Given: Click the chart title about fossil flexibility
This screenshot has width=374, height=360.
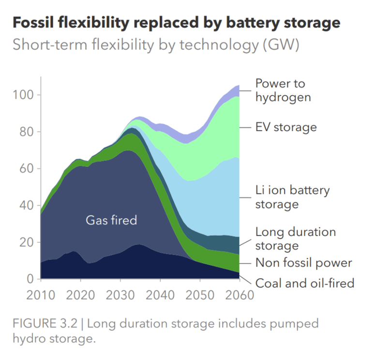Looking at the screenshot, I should pos(176,23).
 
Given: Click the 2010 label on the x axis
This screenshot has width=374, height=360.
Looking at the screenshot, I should pos(41,295).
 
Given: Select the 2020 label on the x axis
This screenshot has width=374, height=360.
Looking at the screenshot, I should pos(81,295).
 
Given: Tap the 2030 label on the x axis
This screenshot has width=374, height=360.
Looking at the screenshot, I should pos(120,295).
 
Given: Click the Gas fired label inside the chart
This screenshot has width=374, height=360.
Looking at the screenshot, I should pos(111,220).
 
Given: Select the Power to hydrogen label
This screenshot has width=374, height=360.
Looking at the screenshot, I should pos(283,90).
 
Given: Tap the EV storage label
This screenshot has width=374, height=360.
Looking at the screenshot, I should pos(285,127).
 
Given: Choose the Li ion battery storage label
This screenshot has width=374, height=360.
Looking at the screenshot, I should pos(292,196).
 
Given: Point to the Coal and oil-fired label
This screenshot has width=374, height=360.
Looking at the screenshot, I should pos(305,283).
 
